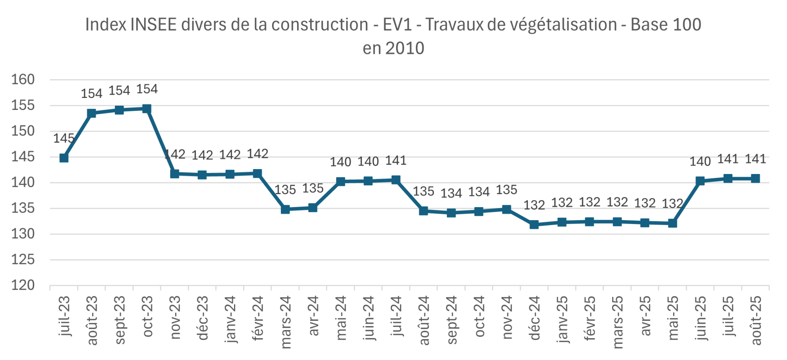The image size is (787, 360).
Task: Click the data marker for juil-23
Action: pos(64,158)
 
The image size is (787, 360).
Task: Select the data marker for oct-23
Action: pos(147,109)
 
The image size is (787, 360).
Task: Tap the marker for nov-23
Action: pos(174,174)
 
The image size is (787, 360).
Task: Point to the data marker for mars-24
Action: pos(285,209)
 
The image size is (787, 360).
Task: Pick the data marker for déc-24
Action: pos(534,224)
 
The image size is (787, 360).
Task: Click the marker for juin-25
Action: pos(700,181)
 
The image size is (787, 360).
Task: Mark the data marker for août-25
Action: pos(755,178)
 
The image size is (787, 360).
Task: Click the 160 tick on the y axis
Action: pos(23,80)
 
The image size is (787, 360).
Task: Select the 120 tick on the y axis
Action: pos(23,285)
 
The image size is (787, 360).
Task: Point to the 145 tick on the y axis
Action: pos(23,157)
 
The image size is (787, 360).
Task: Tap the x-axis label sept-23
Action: pos(120,320)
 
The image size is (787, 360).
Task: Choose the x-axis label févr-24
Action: pos(258,319)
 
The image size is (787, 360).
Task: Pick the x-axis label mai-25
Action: pos(673,318)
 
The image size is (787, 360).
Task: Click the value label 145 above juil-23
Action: pos(63,138)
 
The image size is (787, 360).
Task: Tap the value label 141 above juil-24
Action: pos(396,161)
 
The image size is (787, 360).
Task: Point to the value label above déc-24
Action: pos(534,206)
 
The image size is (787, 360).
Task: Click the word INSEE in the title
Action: pos(154,25)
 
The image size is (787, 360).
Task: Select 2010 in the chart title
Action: pos(405,48)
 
